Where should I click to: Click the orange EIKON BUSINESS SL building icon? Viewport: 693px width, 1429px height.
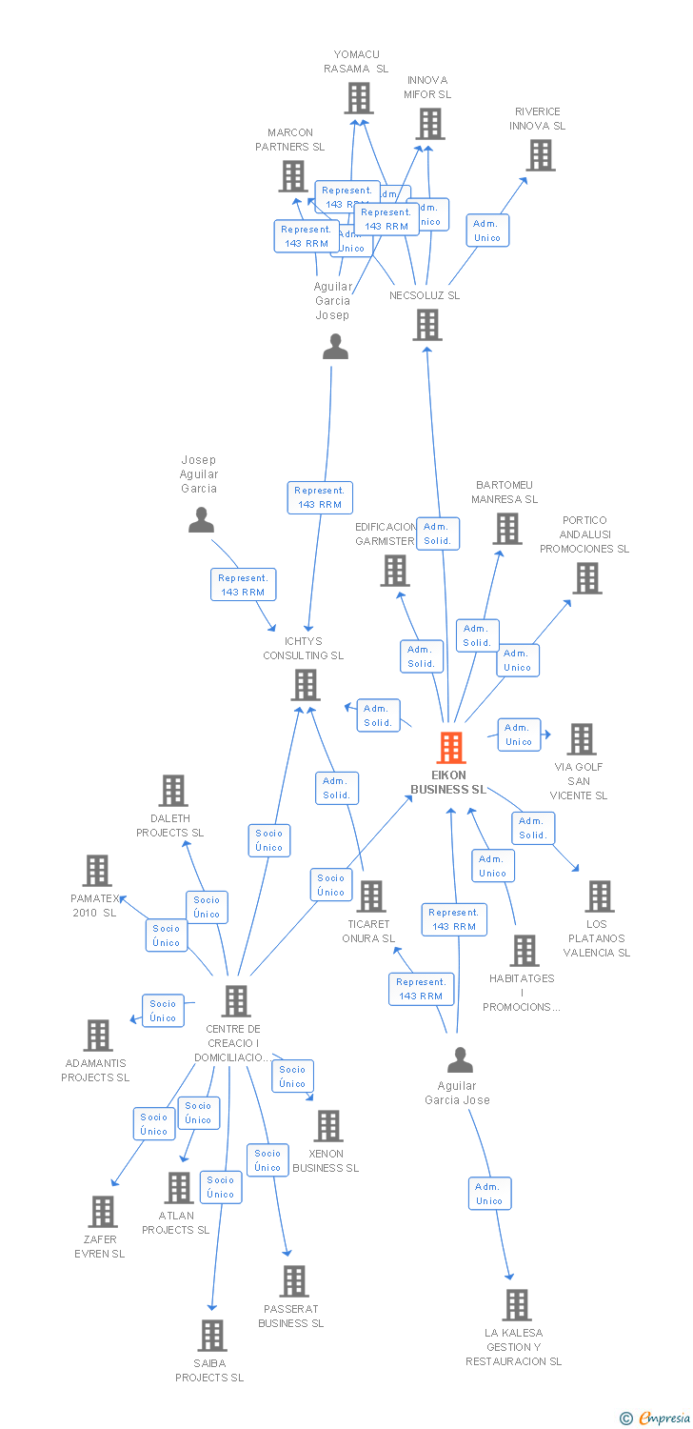(x=451, y=748)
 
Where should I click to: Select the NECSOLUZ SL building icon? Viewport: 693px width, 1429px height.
(x=427, y=325)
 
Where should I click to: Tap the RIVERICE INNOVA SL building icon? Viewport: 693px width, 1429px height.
(x=540, y=155)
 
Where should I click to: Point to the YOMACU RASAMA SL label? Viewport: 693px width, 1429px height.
(x=356, y=62)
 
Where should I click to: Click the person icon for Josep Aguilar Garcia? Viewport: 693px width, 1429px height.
(x=201, y=519)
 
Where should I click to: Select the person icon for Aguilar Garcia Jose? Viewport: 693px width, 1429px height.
(x=460, y=1059)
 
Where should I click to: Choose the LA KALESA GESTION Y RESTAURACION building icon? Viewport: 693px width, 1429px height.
(x=516, y=1305)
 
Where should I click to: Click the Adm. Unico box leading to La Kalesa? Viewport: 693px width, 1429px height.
(x=489, y=1194)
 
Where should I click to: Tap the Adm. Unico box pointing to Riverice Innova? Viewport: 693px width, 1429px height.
(x=487, y=231)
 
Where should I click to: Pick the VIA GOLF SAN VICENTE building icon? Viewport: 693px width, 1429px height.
(x=581, y=739)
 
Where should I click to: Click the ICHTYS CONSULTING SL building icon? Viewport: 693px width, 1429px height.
(x=305, y=685)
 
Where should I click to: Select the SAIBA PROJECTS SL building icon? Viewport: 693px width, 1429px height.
(x=212, y=1336)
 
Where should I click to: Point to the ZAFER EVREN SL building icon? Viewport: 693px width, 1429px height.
(x=102, y=1212)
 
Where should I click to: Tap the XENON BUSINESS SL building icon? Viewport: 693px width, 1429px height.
(x=327, y=1126)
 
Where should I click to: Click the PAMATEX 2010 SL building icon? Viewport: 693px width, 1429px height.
(x=97, y=871)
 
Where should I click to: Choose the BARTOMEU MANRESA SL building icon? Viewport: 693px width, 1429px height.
(x=506, y=529)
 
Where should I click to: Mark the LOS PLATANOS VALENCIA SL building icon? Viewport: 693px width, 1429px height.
(x=599, y=896)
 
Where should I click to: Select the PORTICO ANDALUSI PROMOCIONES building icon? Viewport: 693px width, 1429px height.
(x=586, y=578)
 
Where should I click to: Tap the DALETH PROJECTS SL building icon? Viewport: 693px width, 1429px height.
(x=172, y=791)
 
